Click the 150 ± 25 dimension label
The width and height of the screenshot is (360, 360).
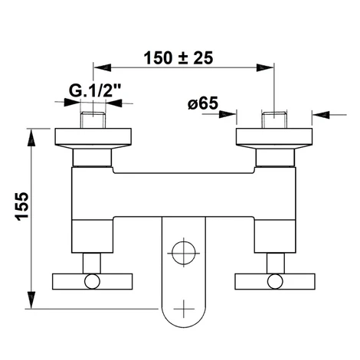(x=178, y=58)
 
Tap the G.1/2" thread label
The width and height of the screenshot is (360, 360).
(x=95, y=90)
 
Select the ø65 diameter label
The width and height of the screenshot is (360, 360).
(x=203, y=103)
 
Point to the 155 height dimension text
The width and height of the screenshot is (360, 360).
(x=22, y=206)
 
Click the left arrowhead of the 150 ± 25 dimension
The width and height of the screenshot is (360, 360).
(x=103, y=67)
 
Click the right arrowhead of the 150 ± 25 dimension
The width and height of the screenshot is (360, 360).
(x=265, y=67)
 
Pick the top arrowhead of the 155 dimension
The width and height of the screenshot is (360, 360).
(x=31, y=138)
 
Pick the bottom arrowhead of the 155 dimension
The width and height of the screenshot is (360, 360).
(x=31, y=300)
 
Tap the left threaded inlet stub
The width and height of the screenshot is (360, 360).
(x=93, y=120)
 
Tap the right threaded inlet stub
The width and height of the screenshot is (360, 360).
(x=274, y=120)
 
